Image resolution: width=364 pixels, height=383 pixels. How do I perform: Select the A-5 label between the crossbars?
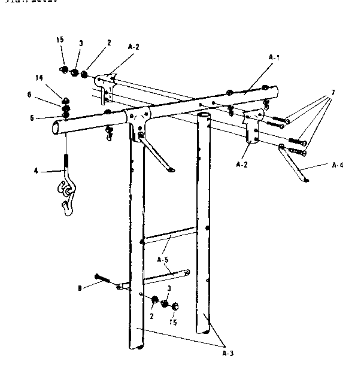click(x=162, y=260)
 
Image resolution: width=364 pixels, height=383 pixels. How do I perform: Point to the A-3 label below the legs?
click(x=228, y=352)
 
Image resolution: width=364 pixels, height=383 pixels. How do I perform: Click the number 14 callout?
click(x=39, y=78)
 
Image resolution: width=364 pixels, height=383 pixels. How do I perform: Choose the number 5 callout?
click(x=40, y=117)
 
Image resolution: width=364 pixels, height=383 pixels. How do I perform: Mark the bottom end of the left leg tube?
click(x=136, y=346)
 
